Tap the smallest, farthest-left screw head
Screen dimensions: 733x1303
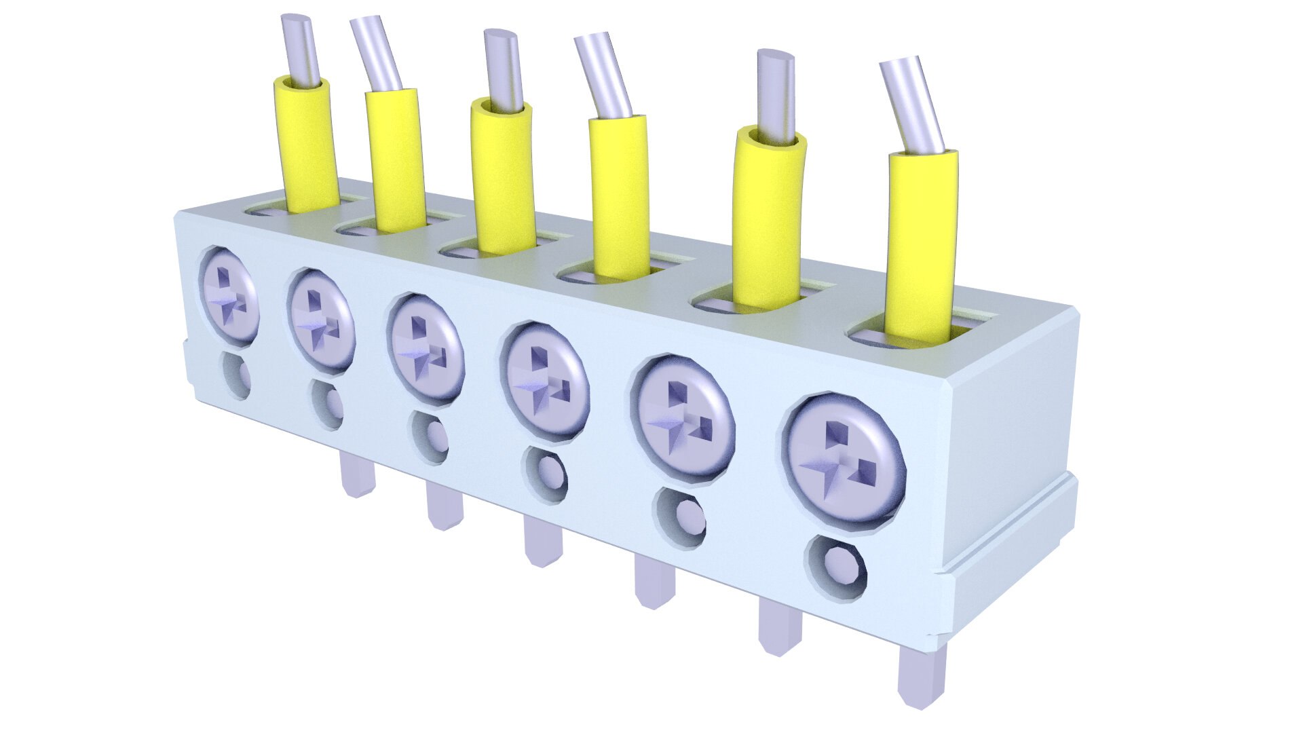(x=229, y=293)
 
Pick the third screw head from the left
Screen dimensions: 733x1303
(x=426, y=348)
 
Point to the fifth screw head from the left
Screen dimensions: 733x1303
(x=683, y=417)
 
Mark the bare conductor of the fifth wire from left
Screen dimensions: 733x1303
(x=776, y=95)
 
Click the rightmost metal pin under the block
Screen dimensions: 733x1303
(x=920, y=675)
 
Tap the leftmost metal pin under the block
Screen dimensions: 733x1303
(x=356, y=475)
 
